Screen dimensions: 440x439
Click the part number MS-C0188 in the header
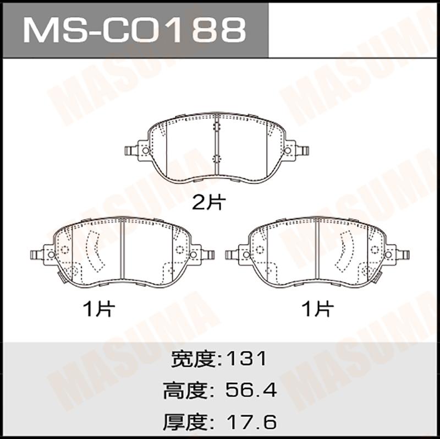click(x=135, y=30)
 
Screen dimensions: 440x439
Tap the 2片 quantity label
click(x=209, y=202)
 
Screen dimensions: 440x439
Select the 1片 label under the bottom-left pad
click(x=99, y=309)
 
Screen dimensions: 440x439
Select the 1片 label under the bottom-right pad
click(x=317, y=309)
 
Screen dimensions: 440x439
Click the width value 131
click(x=246, y=359)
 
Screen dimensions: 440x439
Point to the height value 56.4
click(x=251, y=390)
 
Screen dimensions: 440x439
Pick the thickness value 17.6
click(x=252, y=421)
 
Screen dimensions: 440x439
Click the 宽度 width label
click(x=194, y=359)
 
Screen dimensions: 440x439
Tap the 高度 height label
click(x=185, y=391)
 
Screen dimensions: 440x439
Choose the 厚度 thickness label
click(x=185, y=422)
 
